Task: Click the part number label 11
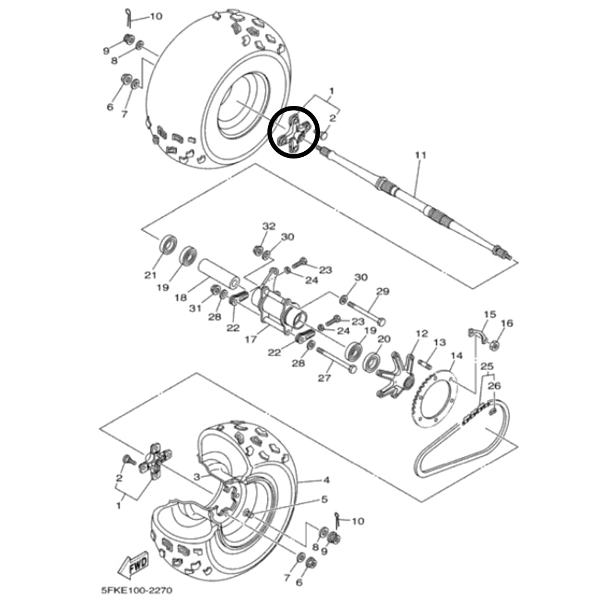[x=420, y=155]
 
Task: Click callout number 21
[x=150, y=275]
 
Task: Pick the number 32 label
[x=269, y=226]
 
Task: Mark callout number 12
[x=422, y=334]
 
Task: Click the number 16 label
[x=507, y=324]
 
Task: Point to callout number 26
[x=494, y=385]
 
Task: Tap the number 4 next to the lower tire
[x=326, y=480]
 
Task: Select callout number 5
[x=324, y=500]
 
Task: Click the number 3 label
[x=197, y=477]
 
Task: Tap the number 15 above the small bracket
[x=489, y=315]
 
